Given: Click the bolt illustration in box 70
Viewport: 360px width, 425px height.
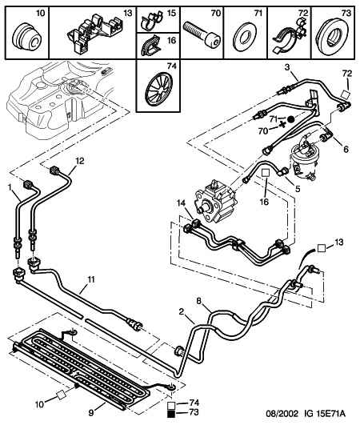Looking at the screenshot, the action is [201, 34].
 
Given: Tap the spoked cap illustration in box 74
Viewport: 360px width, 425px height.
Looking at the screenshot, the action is [158, 88].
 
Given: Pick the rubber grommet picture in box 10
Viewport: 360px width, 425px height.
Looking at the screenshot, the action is [27, 36].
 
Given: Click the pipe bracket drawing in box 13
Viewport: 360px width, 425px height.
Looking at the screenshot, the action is [96, 32].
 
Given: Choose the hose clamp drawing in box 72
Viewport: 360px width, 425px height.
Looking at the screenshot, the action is [290, 36].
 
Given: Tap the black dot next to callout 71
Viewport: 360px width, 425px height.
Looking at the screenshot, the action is [290, 118].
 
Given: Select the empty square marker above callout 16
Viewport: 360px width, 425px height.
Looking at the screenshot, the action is [266, 173].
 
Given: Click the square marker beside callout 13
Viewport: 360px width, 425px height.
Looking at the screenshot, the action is [322, 249].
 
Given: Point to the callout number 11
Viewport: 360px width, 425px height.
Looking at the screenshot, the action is [91, 279].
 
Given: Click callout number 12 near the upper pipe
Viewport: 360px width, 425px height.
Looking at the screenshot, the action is [80, 161].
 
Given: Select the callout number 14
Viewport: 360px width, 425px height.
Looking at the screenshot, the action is [182, 202].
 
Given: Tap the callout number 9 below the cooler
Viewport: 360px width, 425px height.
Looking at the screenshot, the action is [91, 413].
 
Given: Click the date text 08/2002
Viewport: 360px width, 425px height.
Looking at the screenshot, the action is [281, 414].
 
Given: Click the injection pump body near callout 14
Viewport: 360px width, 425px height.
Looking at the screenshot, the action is [216, 200].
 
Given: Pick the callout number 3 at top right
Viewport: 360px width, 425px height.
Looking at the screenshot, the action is [287, 67].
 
